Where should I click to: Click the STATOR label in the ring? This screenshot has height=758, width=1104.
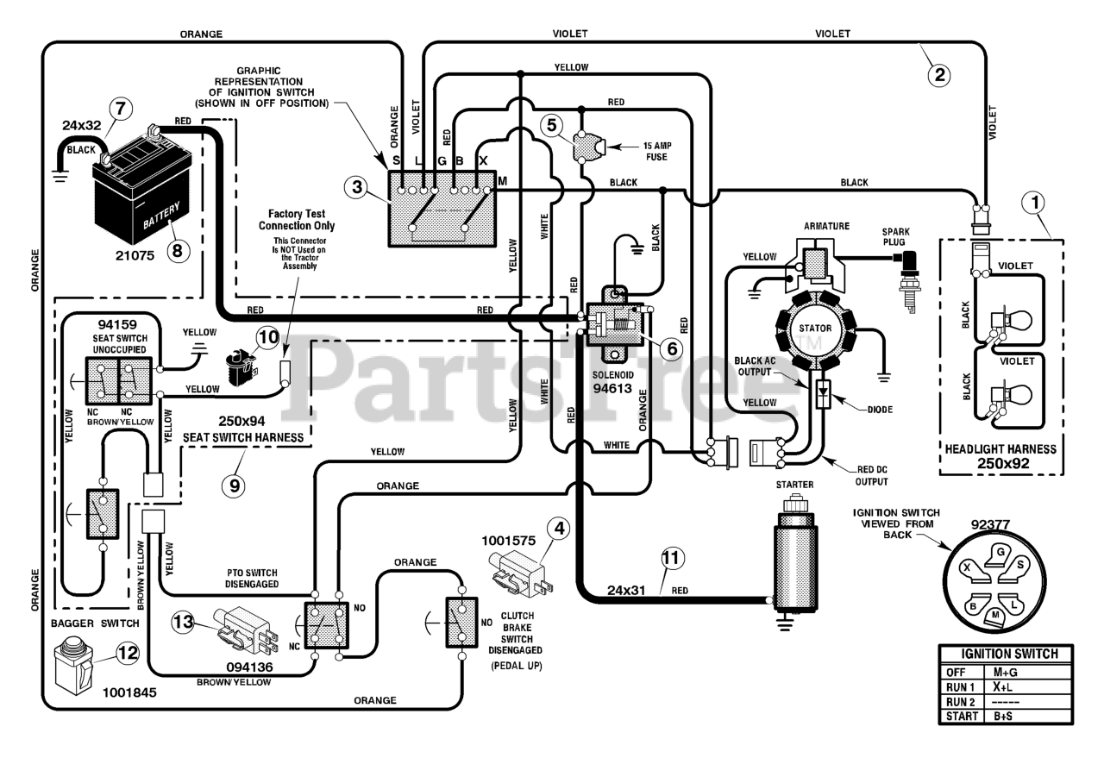pyautogui.click(x=815, y=329)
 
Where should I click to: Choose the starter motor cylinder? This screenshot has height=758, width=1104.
pyautogui.click(x=795, y=556)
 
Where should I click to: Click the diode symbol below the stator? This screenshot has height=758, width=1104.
pyautogui.click(x=823, y=394)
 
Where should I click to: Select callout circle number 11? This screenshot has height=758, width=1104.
pyautogui.click(x=671, y=559)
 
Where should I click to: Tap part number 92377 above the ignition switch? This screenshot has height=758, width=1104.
pyautogui.click(x=991, y=525)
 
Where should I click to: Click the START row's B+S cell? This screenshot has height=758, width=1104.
pyautogui.click(x=1003, y=716)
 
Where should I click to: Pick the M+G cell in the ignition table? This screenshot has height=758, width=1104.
pyautogui.click(x=1006, y=673)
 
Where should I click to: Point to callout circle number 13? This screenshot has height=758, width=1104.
pyautogui.click(x=183, y=622)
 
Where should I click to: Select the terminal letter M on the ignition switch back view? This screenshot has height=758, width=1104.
pyautogui.click(x=995, y=615)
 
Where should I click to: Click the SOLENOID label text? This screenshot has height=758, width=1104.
pyautogui.click(x=612, y=375)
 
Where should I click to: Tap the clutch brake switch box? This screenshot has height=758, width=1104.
pyautogui.click(x=461, y=623)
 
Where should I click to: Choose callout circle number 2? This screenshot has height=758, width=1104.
pyautogui.click(x=939, y=75)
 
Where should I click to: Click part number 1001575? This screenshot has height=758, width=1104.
pyautogui.click(x=508, y=541)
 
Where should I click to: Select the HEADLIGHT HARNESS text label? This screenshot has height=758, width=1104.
pyautogui.click(x=1000, y=449)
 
